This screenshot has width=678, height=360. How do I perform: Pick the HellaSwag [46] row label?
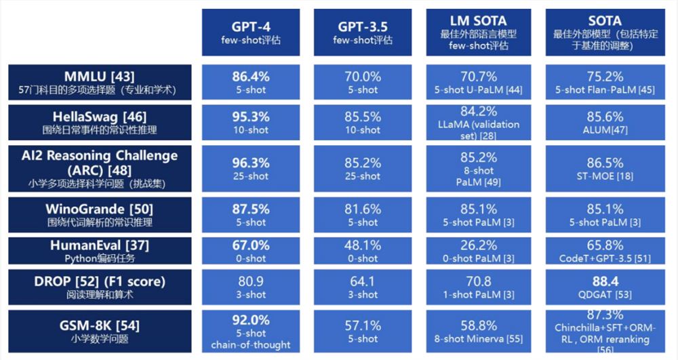[x=100, y=116]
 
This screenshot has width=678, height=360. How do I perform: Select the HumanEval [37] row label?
[x=100, y=245]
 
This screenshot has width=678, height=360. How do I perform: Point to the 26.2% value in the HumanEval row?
[x=477, y=245]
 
